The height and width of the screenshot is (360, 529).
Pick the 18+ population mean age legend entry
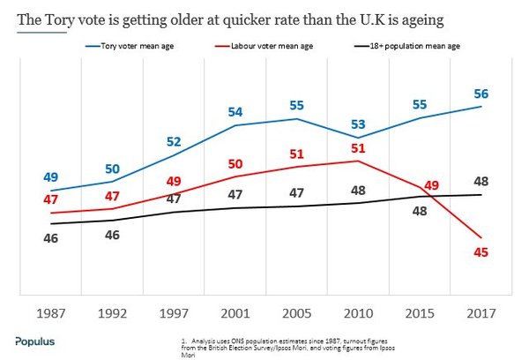point(413,45)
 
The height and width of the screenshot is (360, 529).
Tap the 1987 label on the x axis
point(52,313)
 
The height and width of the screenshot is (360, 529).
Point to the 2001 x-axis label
point(234,313)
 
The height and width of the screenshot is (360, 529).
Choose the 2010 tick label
point(357,313)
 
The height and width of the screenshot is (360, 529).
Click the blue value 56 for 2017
point(481,93)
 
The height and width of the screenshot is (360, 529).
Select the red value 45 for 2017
point(481,253)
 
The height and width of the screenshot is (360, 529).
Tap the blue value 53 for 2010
point(357,122)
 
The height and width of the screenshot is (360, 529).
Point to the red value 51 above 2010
point(357,147)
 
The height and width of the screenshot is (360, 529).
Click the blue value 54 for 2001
point(235,112)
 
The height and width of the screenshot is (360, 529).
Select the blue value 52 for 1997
point(174,141)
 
